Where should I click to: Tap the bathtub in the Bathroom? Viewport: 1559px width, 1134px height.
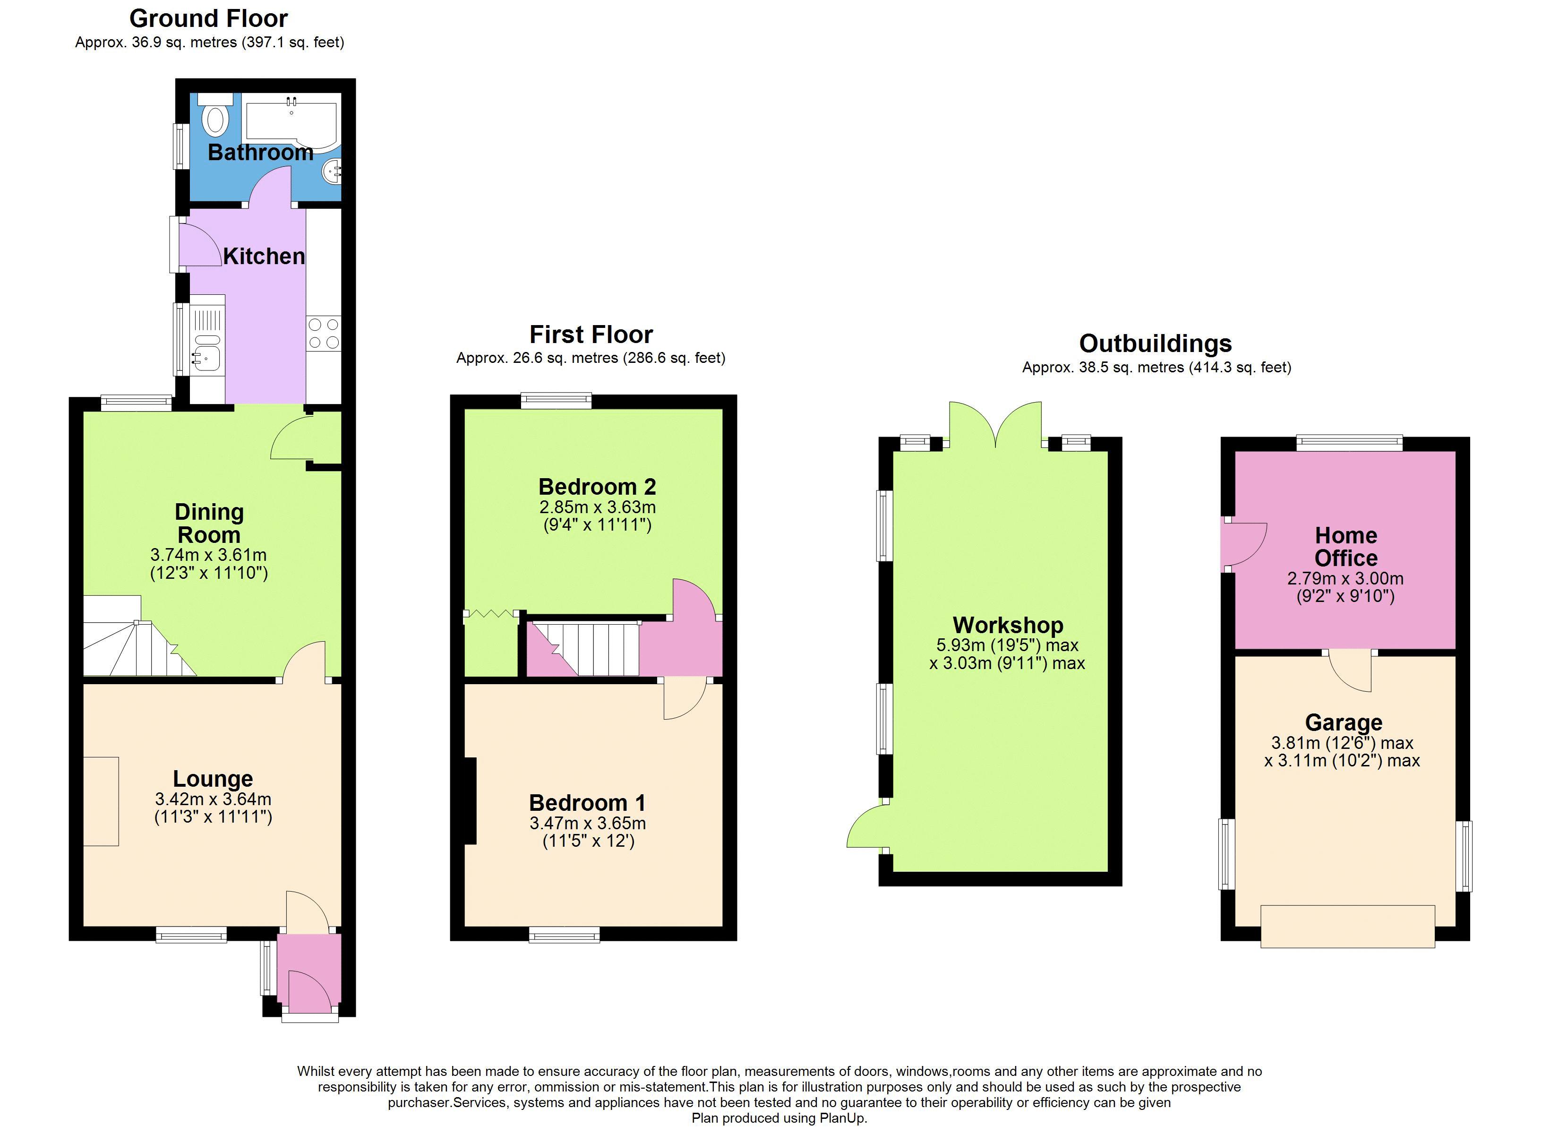click(291, 123)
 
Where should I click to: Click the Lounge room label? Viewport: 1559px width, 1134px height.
click(213, 779)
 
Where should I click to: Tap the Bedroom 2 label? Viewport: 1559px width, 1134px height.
click(597, 487)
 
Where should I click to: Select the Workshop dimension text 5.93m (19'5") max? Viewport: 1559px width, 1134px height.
click(1007, 645)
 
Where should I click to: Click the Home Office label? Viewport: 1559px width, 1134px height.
click(1346, 547)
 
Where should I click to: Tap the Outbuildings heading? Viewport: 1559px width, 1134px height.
click(1156, 343)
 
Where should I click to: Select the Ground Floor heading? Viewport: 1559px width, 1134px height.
click(208, 18)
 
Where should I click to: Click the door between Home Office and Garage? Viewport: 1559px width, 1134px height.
click(1350, 670)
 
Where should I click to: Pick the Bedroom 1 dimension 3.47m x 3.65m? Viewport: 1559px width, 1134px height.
click(588, 823)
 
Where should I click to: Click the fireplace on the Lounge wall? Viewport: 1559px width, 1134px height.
click(101, 801)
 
